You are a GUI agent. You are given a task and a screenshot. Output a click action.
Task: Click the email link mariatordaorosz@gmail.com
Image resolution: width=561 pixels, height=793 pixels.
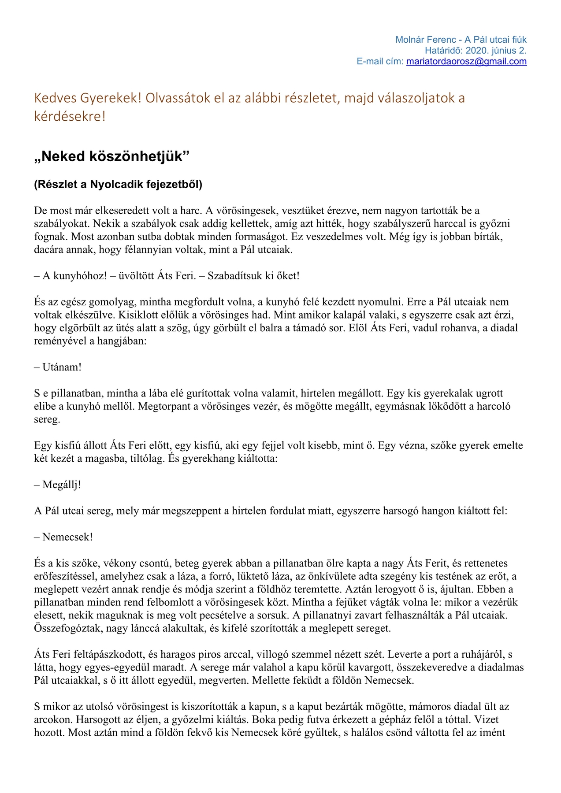point(466,62)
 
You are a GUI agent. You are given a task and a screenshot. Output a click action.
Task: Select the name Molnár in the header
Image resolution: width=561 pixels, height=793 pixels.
point(412,40)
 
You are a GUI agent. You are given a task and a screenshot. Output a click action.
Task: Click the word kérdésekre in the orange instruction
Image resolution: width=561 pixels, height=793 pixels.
point(70,117)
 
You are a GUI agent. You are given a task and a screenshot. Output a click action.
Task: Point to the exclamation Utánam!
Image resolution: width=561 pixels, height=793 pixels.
point(62,367)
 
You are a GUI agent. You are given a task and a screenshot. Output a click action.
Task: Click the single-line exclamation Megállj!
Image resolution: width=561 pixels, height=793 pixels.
point(62,485)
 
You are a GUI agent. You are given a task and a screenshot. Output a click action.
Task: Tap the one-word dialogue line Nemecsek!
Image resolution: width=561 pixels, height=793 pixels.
point(67,537)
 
